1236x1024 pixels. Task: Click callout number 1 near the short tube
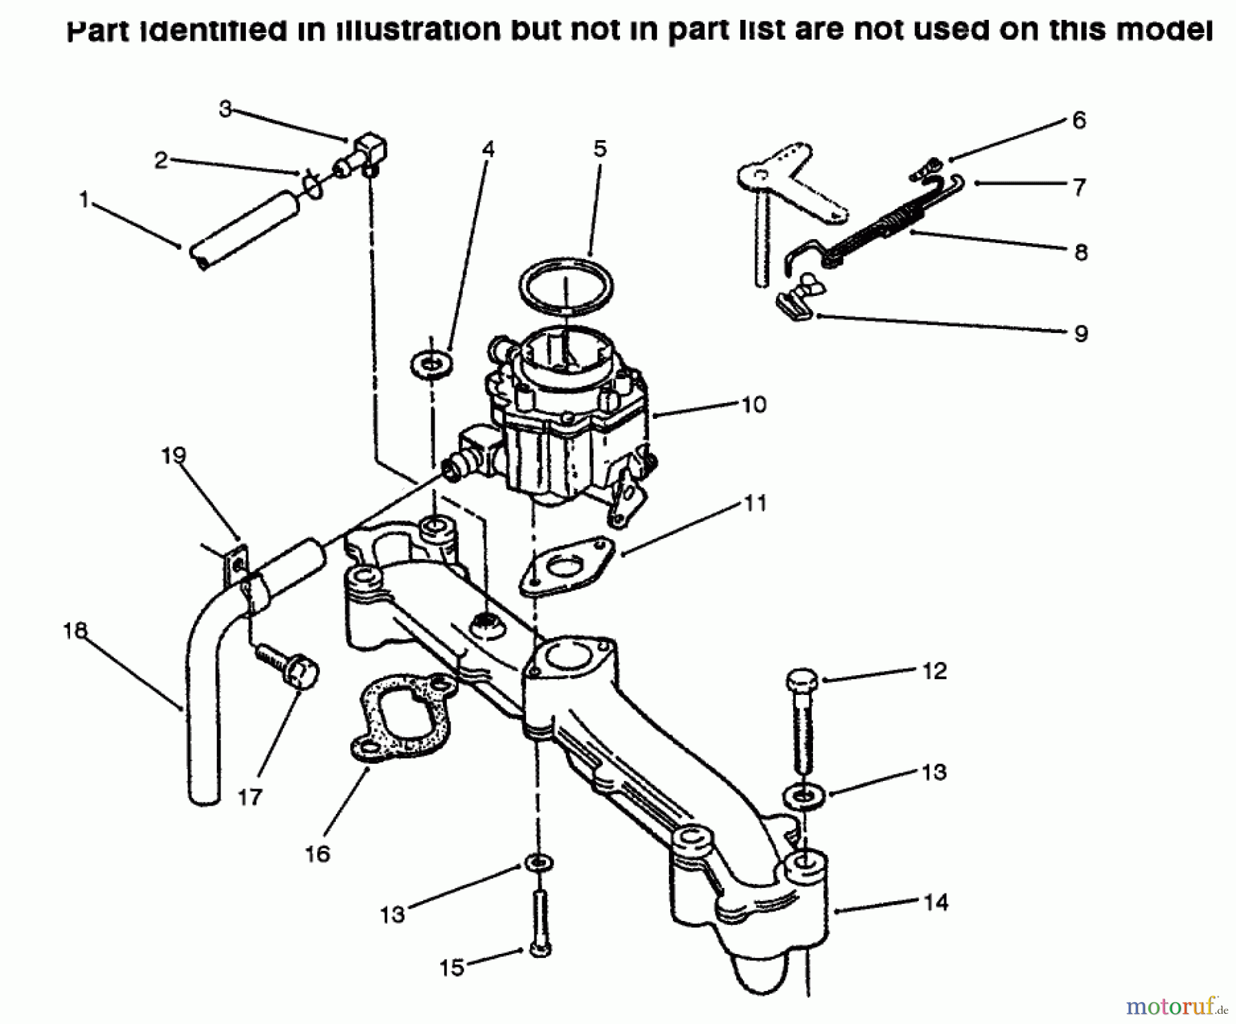(x=84, y=201)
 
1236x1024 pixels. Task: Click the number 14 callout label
(x=936, y=902)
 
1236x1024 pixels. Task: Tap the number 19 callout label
(x=174, y=455)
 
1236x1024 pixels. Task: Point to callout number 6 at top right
(x=1079, y=121)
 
